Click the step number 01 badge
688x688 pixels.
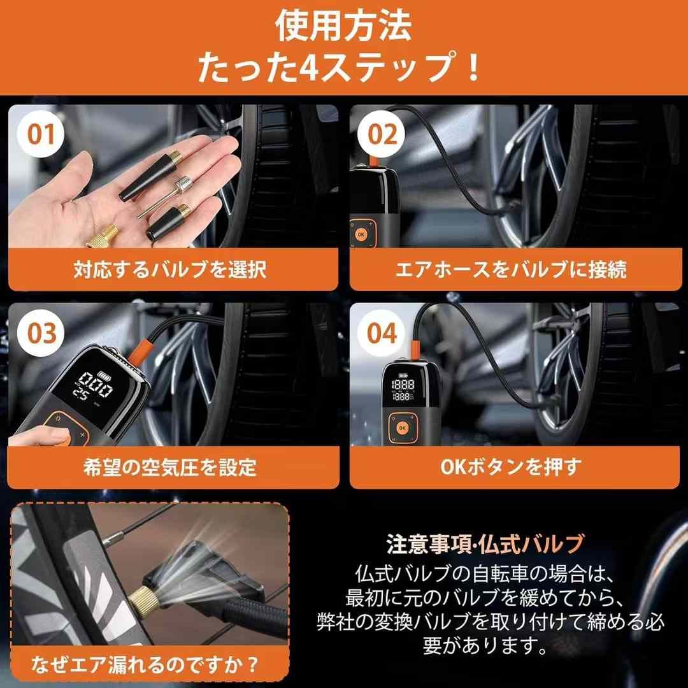tap(40, 134)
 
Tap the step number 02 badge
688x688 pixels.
tap(381, 134)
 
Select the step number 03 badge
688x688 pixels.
tap(41, 333)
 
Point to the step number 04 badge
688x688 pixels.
tap(381, 333)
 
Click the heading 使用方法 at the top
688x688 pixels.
tap(343, 26)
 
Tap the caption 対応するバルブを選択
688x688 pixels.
tap(170, 269)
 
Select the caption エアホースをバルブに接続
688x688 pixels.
tap(511, 269)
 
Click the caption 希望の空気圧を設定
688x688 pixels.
tap(170, 468)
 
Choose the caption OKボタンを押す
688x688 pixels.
tap(511, 468)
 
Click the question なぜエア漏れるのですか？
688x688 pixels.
tap(145, 664)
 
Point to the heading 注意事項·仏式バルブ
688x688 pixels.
tap(485, 544)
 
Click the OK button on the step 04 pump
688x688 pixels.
tap(402, 428)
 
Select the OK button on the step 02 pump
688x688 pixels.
tap(361, 234)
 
